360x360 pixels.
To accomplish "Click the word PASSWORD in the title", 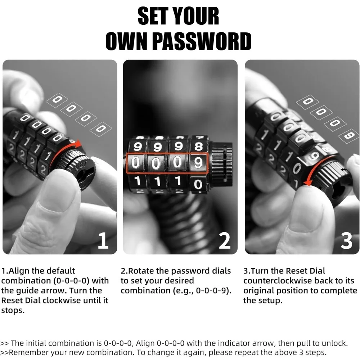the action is [202, 41].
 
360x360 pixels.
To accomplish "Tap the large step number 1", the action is [103, 240].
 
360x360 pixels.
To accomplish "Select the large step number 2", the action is [225, 240].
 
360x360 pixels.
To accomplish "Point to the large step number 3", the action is [346, 240].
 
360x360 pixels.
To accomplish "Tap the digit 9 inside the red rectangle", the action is [198, 163].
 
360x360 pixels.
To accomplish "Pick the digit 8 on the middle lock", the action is [199, 146].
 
